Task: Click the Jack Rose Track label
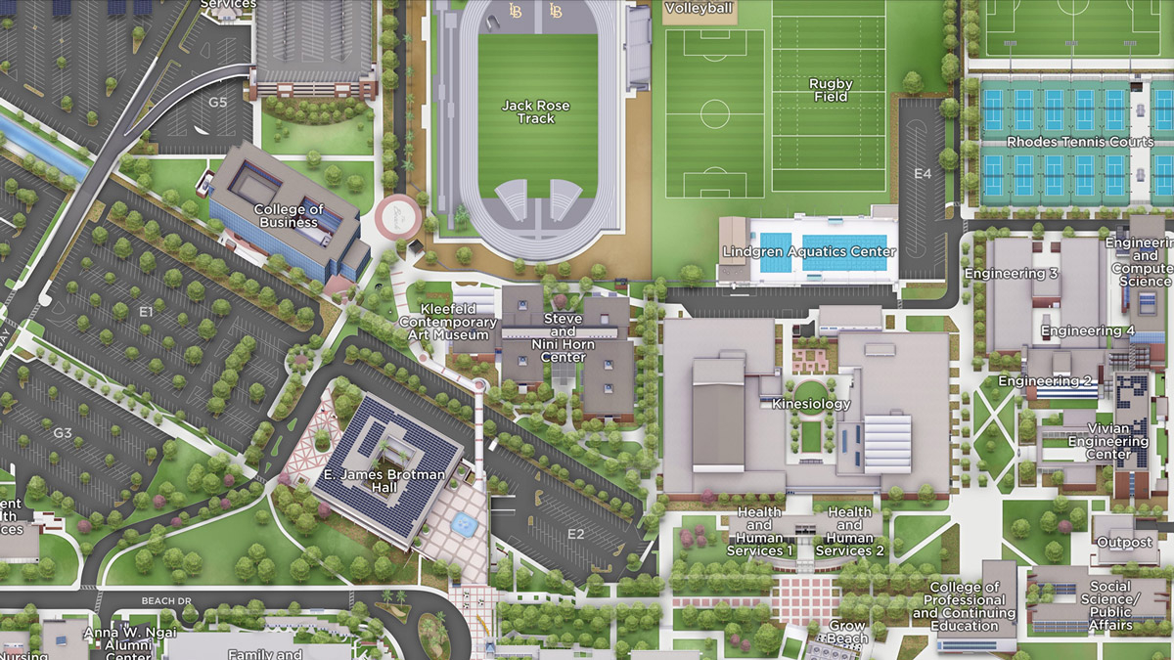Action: (535, 111)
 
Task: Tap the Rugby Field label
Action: (831, 90)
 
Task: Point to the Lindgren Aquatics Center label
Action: (808, 251)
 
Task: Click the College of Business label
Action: (289, 215)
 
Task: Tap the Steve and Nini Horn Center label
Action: (563, 337)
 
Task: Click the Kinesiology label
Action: (811, 404)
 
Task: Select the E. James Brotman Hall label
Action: (384, 482)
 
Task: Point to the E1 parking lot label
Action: (147, 311)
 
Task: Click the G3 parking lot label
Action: (63, 432)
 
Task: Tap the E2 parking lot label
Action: (575, 534)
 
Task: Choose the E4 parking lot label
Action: (923, 174)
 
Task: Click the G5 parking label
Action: (217, 102)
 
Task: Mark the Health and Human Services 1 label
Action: (759, 531)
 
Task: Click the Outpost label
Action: (1124, 543)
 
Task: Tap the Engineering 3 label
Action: (1011, 274)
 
